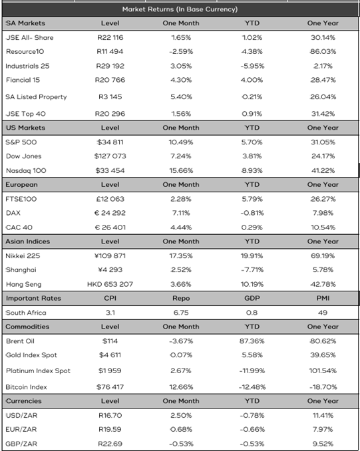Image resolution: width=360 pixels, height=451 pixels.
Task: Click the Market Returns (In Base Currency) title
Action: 180,9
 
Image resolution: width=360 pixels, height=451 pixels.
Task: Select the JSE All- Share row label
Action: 30,37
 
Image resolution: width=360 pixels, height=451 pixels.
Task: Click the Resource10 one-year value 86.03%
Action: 323,51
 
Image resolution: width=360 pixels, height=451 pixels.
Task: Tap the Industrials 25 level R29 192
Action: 110,66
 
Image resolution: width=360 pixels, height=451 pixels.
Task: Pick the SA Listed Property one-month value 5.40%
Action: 181,96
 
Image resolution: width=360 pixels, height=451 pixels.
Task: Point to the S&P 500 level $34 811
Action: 110,142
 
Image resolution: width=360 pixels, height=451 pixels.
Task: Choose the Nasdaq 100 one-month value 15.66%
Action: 181,170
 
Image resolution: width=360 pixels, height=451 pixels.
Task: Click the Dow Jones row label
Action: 23,156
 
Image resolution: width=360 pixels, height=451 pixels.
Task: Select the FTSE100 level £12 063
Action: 110,199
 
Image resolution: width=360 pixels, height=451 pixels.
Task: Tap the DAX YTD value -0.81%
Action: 252,213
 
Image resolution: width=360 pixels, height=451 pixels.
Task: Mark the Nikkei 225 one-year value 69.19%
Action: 323,255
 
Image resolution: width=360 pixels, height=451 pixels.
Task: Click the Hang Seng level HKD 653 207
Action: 110,284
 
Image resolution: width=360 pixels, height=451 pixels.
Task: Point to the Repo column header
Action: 181,298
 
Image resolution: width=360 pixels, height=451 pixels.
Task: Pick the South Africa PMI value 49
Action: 323,313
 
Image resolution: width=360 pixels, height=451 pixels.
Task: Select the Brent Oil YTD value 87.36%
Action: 252,341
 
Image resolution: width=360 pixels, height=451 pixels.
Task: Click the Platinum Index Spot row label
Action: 38,371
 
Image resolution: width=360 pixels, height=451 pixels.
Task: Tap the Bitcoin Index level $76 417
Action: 110,387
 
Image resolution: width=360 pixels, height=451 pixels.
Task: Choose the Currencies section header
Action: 23,401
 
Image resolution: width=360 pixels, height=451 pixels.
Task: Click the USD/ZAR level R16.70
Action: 110,415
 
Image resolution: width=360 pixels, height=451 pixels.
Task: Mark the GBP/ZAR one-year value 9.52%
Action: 323,444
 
